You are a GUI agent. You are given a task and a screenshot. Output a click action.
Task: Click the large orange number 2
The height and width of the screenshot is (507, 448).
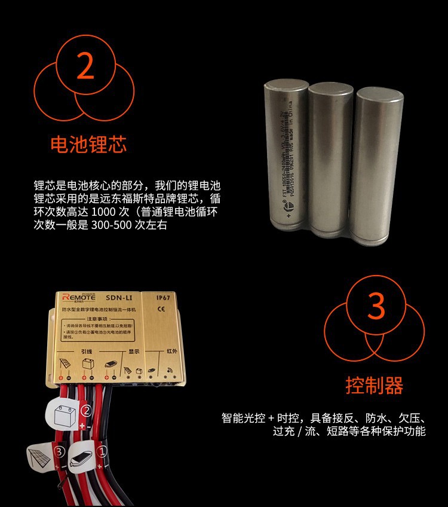(x=86, y=67)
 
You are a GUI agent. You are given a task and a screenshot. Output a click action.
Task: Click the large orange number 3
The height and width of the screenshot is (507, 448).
(x=375, y=306)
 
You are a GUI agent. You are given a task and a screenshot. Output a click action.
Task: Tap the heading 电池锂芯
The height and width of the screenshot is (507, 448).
(x=88, y=145)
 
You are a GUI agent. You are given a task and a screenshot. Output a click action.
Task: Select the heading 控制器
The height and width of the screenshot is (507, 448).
(x=375, y=385)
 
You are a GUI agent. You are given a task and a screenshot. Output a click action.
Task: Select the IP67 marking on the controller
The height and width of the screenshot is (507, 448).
(x=164, y=298)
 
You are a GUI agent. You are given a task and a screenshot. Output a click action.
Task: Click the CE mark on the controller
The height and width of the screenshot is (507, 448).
(x=161, y=310)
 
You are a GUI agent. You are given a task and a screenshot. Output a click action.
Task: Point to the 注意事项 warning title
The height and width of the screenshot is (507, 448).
(x=114, y=320)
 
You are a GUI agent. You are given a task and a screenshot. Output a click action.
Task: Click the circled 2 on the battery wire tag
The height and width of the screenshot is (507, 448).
(x=86, y=411)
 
